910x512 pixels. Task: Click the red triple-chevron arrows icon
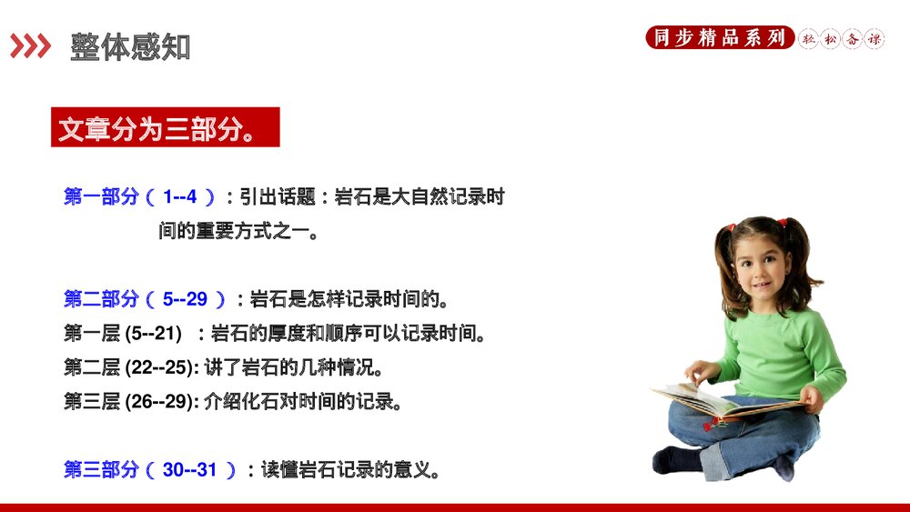coord(30,46)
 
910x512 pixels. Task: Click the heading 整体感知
coord(130,47)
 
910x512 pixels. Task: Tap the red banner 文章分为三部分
coord(165,127)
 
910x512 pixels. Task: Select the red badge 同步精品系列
coord(719,38)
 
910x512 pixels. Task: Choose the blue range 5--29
coord(185,298)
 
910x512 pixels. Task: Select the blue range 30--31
coord(190,470)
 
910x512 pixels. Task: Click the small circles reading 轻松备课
coord(842,39)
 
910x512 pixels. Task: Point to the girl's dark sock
coord(678,459)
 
